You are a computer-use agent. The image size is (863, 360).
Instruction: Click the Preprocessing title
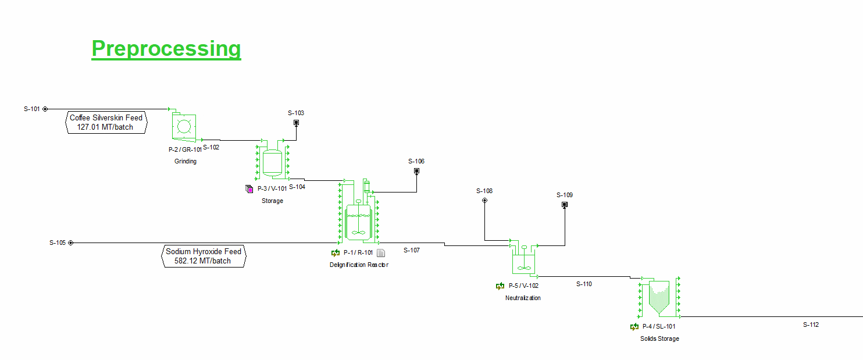click(x=166, y=48)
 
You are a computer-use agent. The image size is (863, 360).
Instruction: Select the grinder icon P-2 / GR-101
click(x=184, y=127)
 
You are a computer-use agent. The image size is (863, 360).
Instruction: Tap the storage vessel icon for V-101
click(x=272, y=162)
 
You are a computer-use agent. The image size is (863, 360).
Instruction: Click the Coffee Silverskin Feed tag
click(x=106, y=123)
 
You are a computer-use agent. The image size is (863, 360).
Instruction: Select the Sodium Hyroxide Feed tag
click(x=203, y=256)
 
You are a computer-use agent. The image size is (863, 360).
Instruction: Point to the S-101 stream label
click(x=32, y=109)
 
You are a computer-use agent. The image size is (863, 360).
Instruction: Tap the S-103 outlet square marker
click(x=296, y=123)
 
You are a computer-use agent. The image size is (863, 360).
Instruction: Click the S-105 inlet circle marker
click(x=71, y=243)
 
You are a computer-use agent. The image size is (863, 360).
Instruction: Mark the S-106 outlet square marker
click(x=416, y=171)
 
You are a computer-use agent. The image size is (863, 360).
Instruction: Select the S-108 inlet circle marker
click(x=484, y=201)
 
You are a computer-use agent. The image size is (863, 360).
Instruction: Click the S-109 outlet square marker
click(x=565, y=205)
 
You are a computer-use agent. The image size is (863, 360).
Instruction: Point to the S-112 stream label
click(x=811, y=325)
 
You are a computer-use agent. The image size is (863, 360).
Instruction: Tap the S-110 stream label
click(x=584, y=284)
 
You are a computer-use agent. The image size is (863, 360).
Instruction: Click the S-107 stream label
click(x=412, y=250)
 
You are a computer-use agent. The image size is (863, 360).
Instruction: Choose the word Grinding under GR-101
click(x=186, y=162)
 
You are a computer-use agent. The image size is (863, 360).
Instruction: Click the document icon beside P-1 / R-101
click(x=381, y=253)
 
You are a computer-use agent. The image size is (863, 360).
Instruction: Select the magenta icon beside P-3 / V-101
click(x=249, y=188)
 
